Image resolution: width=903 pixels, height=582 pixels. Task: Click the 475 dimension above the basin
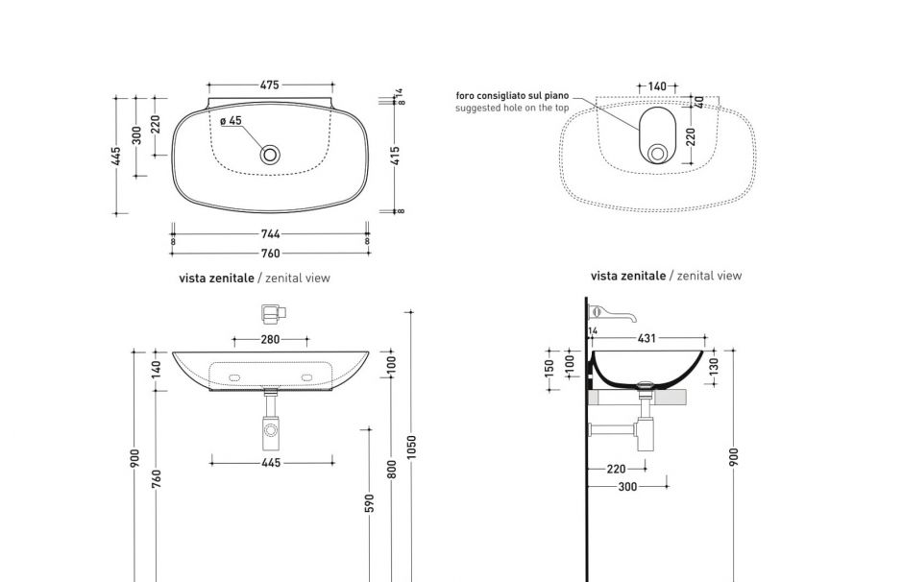(269, 85)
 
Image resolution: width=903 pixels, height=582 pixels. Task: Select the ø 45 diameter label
(231, 121)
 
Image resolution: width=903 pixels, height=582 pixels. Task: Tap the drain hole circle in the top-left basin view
(271, 153)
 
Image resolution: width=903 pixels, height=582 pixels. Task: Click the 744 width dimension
(270, 233)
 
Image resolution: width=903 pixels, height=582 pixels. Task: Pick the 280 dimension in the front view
(270, 339)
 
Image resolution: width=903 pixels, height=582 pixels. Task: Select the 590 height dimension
(369, 503)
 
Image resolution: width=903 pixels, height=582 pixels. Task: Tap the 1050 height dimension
(411, 447)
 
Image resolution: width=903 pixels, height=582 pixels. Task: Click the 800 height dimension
(391, 469)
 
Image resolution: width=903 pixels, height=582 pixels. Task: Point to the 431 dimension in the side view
(647, 338)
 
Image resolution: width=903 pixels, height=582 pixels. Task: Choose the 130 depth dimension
(714, 367)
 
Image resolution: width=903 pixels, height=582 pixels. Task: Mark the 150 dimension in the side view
(550, 369)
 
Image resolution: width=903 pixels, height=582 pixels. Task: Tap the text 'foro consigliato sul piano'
(512, 96)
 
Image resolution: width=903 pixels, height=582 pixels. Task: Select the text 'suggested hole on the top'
(512, 109)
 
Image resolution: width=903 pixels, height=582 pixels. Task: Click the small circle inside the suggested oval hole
(657, 153)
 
